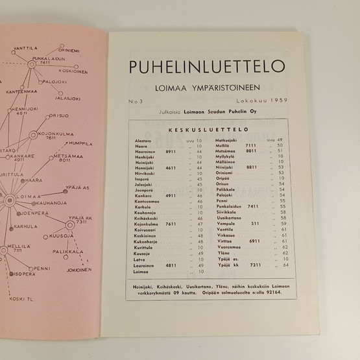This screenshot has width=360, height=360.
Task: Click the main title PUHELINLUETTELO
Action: pyautogui.click(x=206, y=66)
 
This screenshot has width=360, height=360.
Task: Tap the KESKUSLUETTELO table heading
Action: pyautogui.click(x=205, y=130)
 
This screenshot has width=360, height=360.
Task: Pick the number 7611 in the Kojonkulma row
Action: pyautogui.click(x=171, y=224)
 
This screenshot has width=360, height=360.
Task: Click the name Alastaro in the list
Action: pyautogui.click(x=143, y=139)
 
